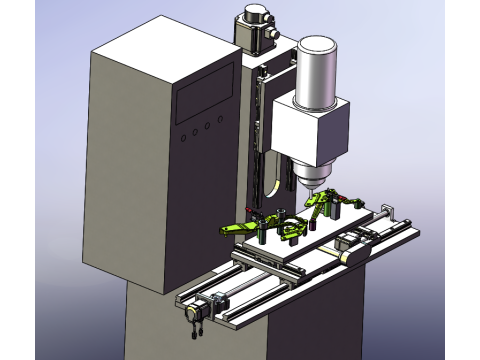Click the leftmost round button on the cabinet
(x=183, y=133)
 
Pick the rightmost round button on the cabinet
(x=217, y=124)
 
